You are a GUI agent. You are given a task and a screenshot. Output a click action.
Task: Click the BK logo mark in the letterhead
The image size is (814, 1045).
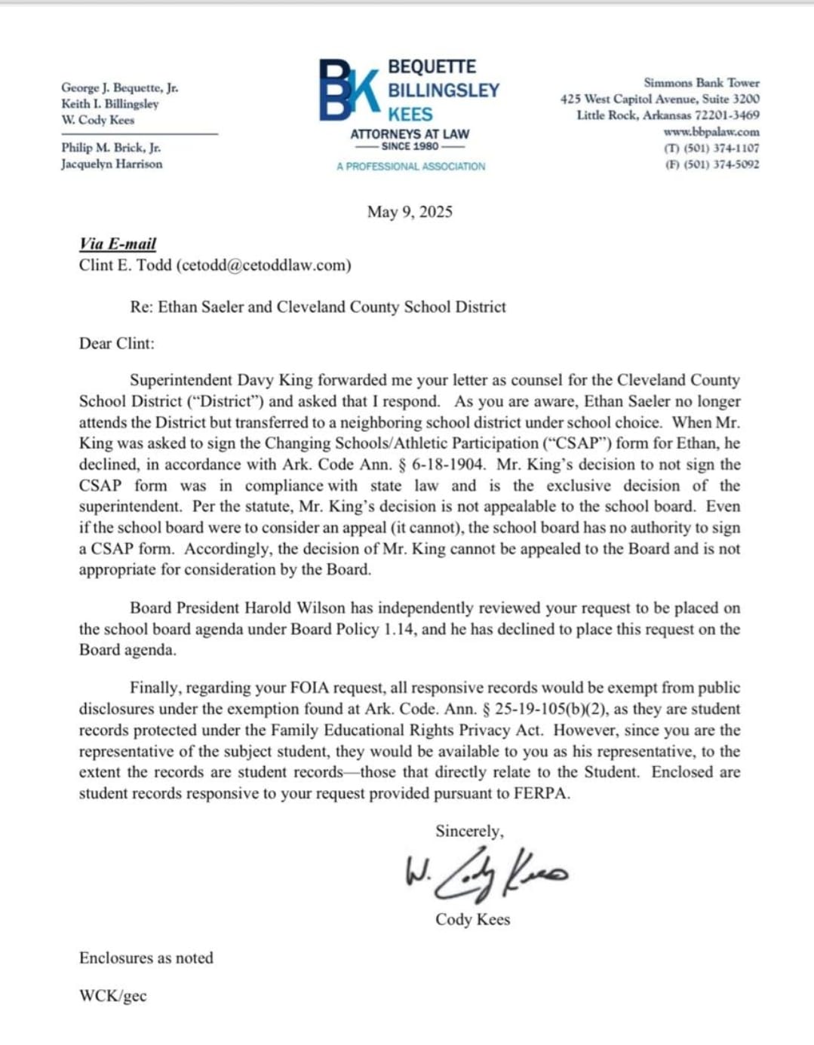tap(349, 90)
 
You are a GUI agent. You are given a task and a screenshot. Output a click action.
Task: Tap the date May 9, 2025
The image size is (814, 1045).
tap(410, 212)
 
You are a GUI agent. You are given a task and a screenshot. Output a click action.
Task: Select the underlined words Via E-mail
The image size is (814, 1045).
tap(118, 244)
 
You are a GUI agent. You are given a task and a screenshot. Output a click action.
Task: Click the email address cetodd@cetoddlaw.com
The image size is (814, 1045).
tap(264, 265)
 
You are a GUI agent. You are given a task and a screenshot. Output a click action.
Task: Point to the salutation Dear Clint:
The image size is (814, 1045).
tap(116, 343)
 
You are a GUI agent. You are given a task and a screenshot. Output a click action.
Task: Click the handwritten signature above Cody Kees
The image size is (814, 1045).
tap(486, 875)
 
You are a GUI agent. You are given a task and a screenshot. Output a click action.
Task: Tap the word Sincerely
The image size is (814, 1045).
tap(468, 831)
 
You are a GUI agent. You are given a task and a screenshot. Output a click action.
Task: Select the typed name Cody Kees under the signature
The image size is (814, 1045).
tap(472, 919)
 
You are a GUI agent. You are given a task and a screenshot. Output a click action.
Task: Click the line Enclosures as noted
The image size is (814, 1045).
tap(146, 958)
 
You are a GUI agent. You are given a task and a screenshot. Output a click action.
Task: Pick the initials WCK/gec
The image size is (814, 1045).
tap(112, 995)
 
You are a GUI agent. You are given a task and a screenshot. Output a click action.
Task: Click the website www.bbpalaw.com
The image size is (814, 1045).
tap(711, 132)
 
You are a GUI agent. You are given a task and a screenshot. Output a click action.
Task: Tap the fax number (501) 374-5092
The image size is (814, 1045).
tap(721, 164)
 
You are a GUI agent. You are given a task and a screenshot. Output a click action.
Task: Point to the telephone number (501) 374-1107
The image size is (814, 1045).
tap(721, 149)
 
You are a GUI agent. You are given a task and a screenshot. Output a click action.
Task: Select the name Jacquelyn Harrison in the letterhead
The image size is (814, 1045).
tap(112, 164)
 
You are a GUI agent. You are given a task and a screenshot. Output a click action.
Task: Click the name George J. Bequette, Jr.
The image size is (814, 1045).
tap(120, 87)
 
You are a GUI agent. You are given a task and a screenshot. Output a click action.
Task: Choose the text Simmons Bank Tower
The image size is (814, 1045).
tap(701, 83)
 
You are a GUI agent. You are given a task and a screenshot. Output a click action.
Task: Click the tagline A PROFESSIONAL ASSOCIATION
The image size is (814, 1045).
tap(410, 166)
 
